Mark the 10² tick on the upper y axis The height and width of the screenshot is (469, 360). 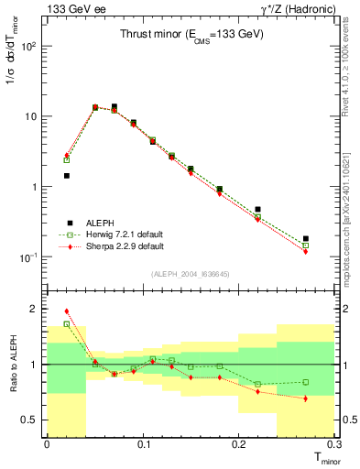pyautogui.click(x=32, y=46)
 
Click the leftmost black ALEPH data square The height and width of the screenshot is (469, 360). pyautogui.click(x=67, y=175)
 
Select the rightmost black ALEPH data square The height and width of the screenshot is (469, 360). pyautogui.click(x=306, y=238)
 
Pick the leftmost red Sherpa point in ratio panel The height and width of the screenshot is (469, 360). pyautogui.click(x=67, y=311)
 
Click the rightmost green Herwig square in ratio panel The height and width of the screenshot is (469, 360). pyautogui.click(x=306, y=382)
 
